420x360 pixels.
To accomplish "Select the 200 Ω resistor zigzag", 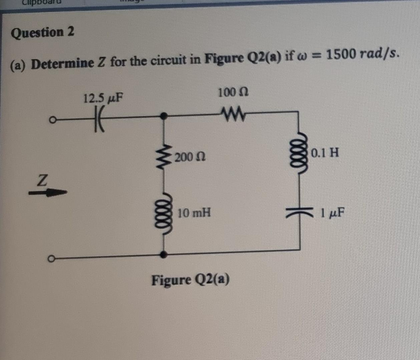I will [163, 157].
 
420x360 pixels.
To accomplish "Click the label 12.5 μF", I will [103, 98].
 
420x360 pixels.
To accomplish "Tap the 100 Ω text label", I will [233, 92].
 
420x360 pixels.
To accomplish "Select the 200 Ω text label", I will [190, 157].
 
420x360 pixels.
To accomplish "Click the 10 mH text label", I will [194, 213].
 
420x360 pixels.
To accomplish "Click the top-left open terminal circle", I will [51, 119].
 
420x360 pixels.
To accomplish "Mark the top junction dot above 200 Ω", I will [163, 116].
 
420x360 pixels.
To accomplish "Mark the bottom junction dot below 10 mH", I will [163, 255].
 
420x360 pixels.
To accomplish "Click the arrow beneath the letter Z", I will [48, 192].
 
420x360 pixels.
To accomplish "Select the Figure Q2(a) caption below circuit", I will [190, 280].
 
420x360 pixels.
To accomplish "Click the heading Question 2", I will [43, 33].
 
